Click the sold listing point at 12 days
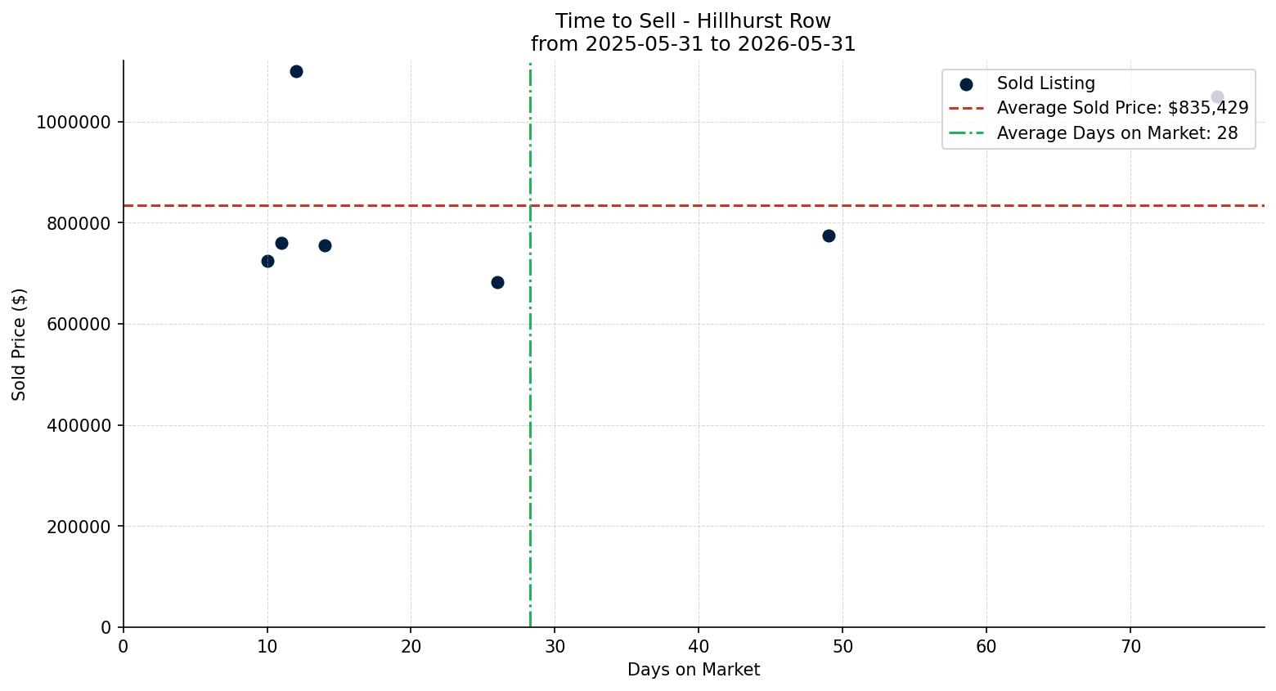pyautogui.click(x=296, y=72)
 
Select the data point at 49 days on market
pyautogui.click(x=829, y=236)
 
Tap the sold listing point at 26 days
pyautogui.click(x=497, y=283)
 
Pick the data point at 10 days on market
pyautogui.click(x=267, y=262)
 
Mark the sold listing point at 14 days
pyautogui.click(x=326, y=246)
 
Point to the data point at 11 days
pyautogui.click(x=281, y=243)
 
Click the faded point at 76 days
pyautogui.click(x=1217, y=96)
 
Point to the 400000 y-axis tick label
pyautogui.click(x=79, y=425)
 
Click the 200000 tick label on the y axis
pyautogui.click(x=79, y=527)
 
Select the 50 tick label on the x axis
pyautogui.click(x=842, y=647)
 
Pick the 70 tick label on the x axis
pyautogui.click(x=1130, y=647)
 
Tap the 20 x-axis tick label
pyautogui.click(x=411, y=647)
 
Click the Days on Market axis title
pyautogui.click(x=694, y=670)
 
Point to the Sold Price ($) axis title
pyautogui.click(x=19, y=344)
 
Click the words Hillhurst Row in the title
pyautogui.click(x=764, y=21)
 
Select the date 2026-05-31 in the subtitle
pyautogui.click(x=797, y=44)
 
